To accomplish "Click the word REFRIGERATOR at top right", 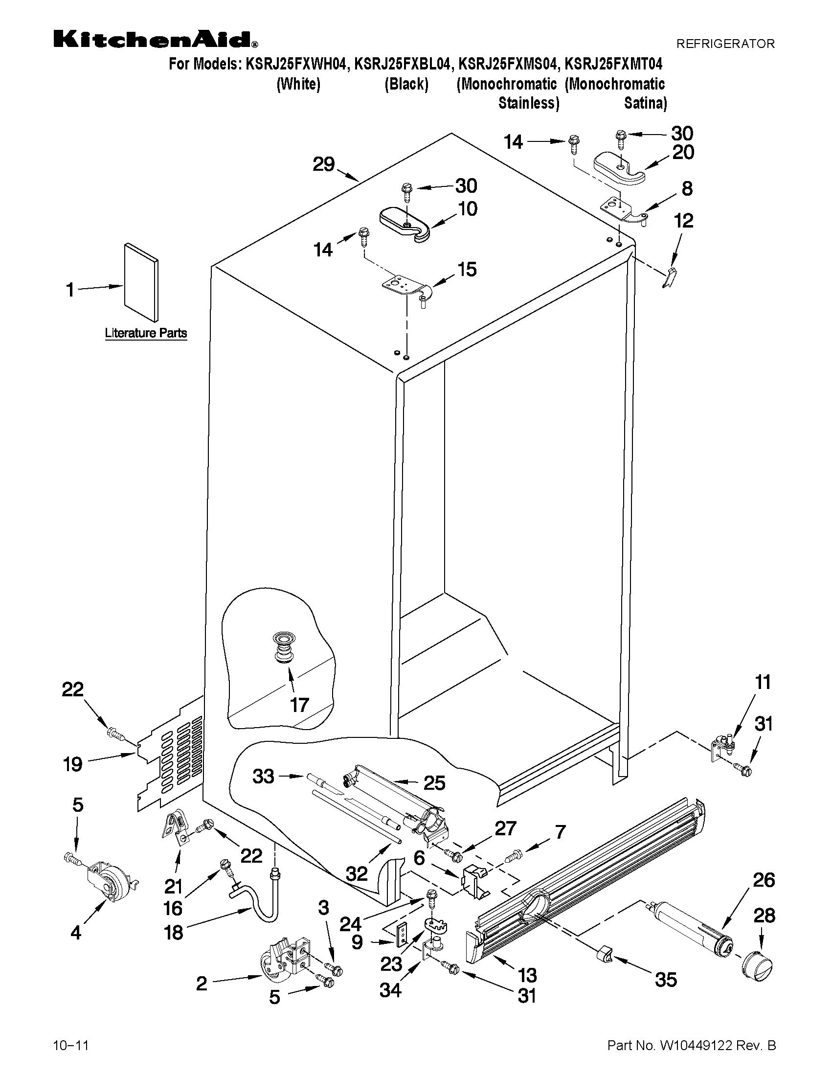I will pos(725,44).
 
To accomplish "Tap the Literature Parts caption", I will pos(146,333).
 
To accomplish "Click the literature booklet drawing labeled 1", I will pos(141,282).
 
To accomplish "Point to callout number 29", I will pos(324,164).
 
